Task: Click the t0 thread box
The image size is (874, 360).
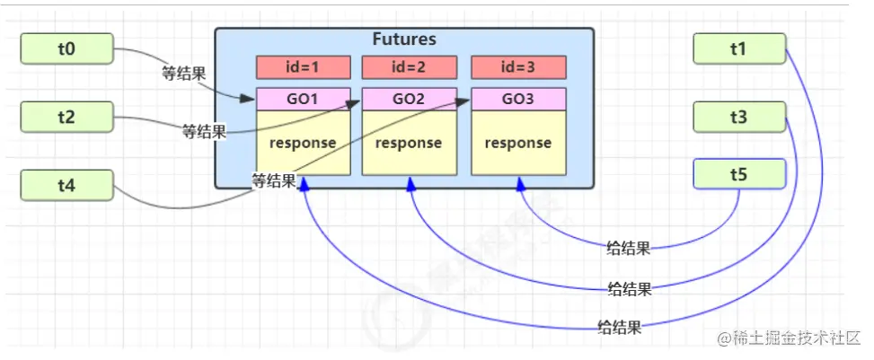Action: tap(66, 49)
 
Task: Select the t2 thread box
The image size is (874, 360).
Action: tap(66, 117)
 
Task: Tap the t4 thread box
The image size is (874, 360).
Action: tap(66, 186)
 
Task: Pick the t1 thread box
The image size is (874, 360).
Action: tap(738, 49)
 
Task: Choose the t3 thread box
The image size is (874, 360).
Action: tap(738, 117)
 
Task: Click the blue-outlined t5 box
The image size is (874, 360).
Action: tap(738, 174)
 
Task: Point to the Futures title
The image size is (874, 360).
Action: tap(404, 40)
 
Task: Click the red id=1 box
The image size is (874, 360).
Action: tap(303, 67)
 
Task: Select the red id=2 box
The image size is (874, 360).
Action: tap(409, 67)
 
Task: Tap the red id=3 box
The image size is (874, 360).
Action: tap(517, 67)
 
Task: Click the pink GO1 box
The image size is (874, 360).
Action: tap(303, 99)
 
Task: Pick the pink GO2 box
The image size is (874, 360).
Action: tap(409, 99)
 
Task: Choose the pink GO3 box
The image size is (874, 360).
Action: tap(517, 99)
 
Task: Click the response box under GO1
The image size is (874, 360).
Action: tap(303, 143)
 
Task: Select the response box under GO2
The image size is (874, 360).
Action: tap(409, 143)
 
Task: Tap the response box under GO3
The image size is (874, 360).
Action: tap(517, 143)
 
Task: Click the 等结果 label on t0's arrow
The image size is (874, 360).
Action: tap(184, 74)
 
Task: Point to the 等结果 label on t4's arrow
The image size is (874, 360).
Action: tap(274, 180)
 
